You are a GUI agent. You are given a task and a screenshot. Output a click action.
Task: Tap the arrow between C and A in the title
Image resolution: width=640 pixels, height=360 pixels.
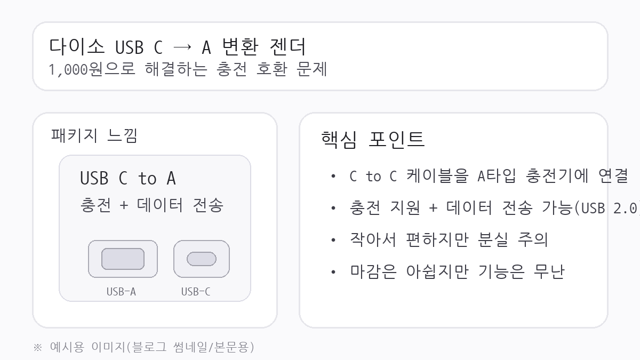click(182, 47)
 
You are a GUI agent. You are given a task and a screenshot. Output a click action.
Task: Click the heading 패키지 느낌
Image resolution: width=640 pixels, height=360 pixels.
click(94, 135)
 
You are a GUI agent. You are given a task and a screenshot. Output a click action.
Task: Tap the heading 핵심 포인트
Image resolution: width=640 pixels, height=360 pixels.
click(373, 139)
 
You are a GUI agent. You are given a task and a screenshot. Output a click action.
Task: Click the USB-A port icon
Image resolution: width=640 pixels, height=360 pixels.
click(123, 259)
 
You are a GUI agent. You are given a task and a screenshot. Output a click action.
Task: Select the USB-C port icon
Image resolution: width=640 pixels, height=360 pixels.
click(202, 259)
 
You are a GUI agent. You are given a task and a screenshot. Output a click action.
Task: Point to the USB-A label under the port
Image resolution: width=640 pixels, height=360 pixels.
click(121, 292)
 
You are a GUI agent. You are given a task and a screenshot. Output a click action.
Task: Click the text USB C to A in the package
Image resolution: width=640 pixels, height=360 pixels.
click(127, 178)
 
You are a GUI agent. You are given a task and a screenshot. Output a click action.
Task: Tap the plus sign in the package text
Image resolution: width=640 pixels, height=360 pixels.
click(124, 205)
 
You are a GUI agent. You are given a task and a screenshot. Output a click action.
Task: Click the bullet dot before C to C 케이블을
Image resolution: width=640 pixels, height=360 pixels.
click(333, 176)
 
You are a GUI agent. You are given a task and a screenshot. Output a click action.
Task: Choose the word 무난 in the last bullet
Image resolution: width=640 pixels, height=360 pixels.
click(549, 271)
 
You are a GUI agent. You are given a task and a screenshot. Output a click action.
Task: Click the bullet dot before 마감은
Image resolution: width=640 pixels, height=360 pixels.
click(333, 272)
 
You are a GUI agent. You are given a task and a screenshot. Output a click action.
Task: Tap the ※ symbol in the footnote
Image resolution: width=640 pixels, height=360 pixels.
click(37, 348)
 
